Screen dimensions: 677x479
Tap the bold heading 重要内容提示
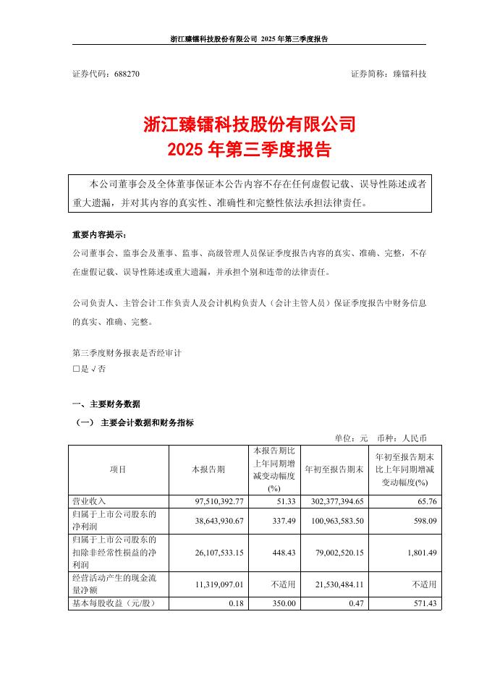pos(98,236)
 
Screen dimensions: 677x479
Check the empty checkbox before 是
pos(75,368)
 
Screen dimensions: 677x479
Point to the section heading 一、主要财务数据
pos(105,404)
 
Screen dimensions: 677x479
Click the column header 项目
pos(118,469)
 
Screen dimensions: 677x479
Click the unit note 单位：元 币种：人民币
pos(381,438)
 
